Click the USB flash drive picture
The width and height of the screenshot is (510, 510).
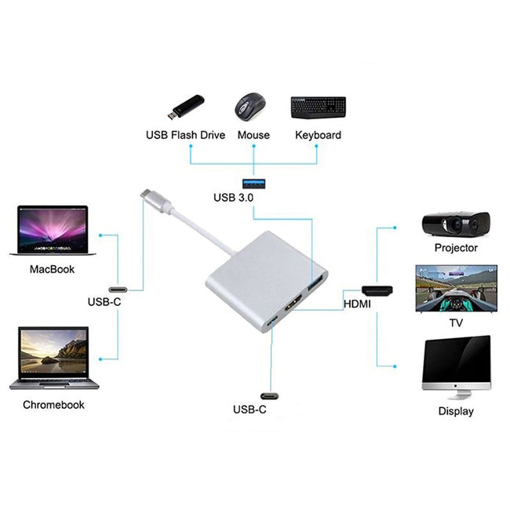(184, 106)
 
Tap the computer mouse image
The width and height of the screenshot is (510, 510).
(251, 105)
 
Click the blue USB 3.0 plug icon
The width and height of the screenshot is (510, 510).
(254, 182)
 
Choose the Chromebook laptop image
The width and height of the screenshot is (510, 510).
(53, 358)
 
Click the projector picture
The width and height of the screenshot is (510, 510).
(455, 225)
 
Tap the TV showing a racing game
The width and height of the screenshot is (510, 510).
(456, 288)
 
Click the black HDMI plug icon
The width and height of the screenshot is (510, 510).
(377, 290)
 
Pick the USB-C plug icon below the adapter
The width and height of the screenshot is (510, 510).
(272, 395)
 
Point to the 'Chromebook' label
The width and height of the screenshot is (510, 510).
(53, 405)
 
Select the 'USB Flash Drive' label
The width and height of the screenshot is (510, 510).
(185, 135)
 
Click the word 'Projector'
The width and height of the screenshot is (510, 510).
(456, 248)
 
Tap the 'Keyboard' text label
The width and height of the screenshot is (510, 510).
(318, 135)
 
